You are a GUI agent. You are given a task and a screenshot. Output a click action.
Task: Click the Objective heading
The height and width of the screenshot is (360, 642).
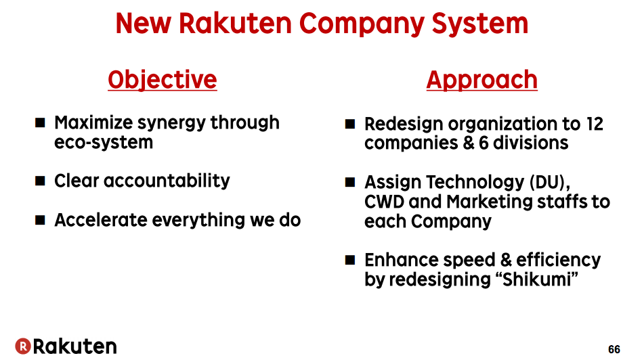163,79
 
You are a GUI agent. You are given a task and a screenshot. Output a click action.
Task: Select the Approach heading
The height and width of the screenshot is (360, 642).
482,79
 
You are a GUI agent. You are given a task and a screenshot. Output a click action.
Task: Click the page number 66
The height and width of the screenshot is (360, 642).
614,349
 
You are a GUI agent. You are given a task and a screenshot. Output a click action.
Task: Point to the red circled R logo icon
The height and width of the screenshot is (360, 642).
23,346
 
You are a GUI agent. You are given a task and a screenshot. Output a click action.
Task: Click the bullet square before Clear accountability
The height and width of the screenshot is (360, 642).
40,181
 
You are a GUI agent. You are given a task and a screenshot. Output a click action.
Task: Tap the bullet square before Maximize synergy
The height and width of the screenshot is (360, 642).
40,122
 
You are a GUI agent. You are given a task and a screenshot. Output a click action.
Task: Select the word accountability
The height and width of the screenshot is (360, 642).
167,181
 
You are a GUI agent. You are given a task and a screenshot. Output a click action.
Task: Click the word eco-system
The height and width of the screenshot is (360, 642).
104,142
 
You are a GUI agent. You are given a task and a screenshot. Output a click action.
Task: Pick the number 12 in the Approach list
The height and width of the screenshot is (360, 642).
595,124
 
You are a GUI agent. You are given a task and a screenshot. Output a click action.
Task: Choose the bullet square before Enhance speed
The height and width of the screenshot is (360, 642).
350,260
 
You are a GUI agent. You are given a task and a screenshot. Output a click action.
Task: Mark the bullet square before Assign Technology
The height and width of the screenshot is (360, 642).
350,182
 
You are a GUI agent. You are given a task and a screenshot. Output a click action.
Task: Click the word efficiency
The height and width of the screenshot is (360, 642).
559,260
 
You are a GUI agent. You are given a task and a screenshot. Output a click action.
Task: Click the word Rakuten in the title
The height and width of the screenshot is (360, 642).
235,23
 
